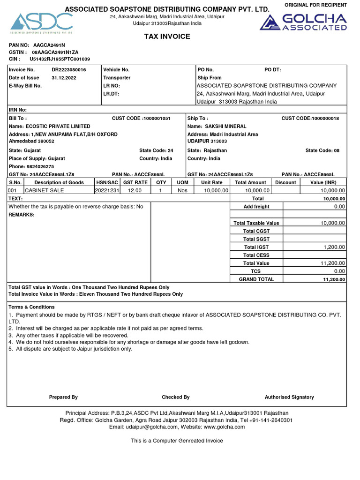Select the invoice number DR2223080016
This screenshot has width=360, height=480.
[x=69, y=69]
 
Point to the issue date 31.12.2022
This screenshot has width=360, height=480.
[x=64, y=78]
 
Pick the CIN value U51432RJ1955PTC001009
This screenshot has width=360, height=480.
[x=60, y=59]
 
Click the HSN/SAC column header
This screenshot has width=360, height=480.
[x=107, y=182]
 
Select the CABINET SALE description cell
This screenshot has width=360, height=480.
[x=45, y=190]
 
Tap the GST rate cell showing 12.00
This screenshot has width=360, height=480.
[x=135, y=190]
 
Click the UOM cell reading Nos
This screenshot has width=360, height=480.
[x=182, y=190]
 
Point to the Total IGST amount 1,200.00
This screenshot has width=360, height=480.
[x=334, y=247]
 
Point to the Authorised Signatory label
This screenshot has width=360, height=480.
[x=289, y=397]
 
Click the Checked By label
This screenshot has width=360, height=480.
[x=175, y=397]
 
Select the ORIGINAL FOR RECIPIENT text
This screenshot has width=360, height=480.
[x=316, y=5]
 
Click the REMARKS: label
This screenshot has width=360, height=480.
[x=22, y=215]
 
